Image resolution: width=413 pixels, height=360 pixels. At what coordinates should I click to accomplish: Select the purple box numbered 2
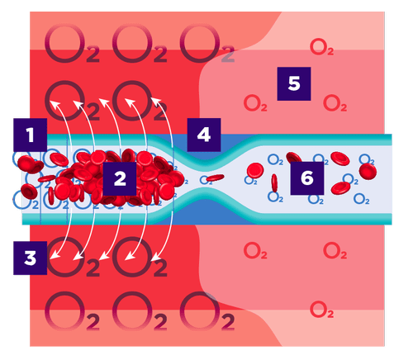121,177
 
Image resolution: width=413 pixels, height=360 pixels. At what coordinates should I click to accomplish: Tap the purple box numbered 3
30,257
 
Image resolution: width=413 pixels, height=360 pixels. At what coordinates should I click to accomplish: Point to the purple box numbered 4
203,135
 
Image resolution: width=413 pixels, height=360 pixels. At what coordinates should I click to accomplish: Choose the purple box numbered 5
293,84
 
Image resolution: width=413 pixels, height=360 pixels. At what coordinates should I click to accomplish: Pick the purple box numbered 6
307,177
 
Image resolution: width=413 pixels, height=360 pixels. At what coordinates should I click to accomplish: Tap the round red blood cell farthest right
367,171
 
